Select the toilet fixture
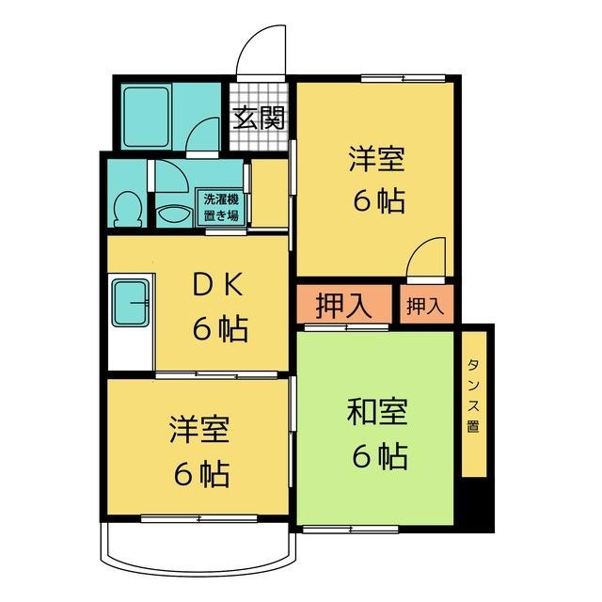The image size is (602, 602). (126, 208)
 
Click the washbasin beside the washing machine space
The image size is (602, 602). (173, 213)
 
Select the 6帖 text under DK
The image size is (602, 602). (220, 329)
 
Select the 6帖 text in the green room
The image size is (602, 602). (379, 456)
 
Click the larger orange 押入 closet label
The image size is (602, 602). (340, 306)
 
